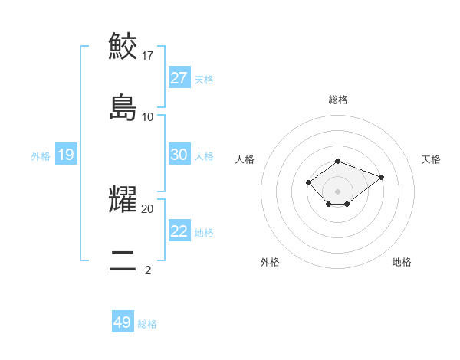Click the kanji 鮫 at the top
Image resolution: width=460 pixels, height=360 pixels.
[123, 45]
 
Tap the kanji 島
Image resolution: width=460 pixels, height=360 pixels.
[123, 106]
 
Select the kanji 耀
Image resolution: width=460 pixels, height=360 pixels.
[123, 198]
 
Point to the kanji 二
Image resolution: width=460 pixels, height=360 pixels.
[123, 260]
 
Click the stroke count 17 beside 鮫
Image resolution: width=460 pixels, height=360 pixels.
[148, 55]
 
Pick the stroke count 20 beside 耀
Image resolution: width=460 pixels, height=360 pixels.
[148, 208]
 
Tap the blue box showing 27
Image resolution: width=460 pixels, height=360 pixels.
[179, 78]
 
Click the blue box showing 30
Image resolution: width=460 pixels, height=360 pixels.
[179, 155]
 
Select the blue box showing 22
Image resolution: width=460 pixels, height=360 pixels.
[179, 231]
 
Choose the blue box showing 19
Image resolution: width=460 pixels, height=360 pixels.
[65, 155]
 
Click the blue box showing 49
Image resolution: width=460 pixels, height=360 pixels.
[123, 322]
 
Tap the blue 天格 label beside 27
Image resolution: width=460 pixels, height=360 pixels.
[204, 80]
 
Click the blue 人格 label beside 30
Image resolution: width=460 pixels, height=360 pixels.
[204, 156]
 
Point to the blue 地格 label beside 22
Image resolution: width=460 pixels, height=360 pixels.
[204, 233]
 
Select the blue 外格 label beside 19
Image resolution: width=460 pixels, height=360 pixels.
[41, 156]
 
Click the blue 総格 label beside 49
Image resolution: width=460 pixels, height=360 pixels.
[147, 324]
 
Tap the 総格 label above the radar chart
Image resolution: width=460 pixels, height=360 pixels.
[338, 100]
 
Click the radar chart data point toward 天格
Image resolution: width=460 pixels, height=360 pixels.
[381, 177]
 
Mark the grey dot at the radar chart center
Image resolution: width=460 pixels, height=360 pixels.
[338, 191]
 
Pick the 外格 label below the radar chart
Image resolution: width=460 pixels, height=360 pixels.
[270, 262]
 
